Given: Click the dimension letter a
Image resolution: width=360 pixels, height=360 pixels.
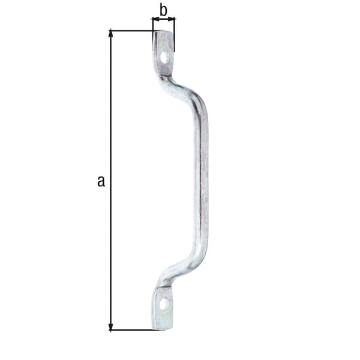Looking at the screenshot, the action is pyautogui.click(x=101, y=181).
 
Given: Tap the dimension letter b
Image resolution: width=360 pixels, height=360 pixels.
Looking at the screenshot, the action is pyautogui.click(x=163, y=10).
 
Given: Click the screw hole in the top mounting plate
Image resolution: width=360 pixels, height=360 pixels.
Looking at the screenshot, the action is pyautogui.click(x=164, y=58).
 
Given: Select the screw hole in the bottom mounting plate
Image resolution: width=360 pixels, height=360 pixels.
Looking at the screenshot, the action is pyautogui.click(x=163, y=304).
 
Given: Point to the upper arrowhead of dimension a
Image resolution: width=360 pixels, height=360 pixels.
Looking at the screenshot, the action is pyautogui.click(x=110, y=33).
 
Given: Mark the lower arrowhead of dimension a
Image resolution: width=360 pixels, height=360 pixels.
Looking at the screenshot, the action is pyautogui.click(x=110, y=327).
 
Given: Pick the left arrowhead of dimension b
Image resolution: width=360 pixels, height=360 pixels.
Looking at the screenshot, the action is pyautogui.click(x=155, y=19).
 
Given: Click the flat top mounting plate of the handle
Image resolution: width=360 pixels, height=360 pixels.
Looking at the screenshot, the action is pyautogui.click(x=163, y=53).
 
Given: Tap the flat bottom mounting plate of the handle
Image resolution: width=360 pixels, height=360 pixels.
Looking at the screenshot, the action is pyautogui.click(x=163, y=308).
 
